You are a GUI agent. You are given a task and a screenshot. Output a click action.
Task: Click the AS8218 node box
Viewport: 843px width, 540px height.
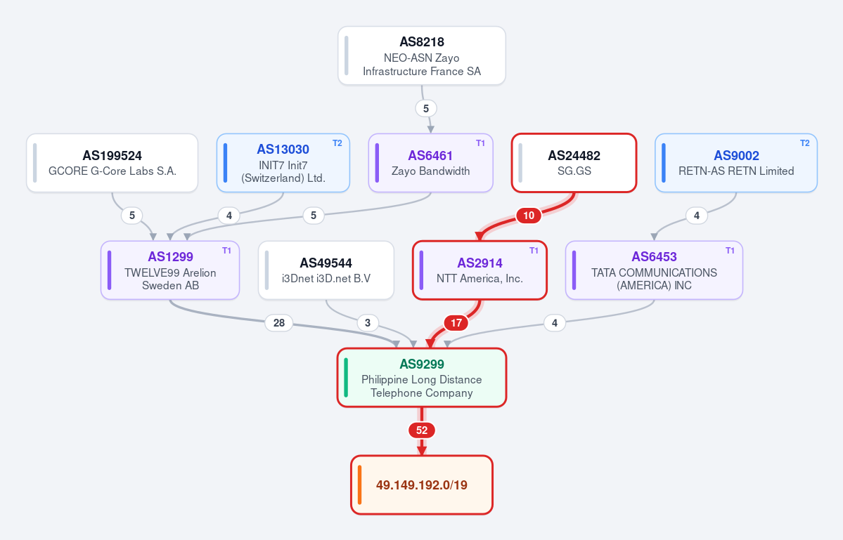click(x=422, y=55)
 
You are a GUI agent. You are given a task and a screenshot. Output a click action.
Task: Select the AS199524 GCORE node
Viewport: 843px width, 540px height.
click(x=112, y=163)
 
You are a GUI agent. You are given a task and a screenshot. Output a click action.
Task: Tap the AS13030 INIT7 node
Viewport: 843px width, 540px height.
click(x=283, y=163)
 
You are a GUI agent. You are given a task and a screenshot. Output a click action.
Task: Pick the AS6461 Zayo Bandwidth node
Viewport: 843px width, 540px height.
click(x=430, y=163)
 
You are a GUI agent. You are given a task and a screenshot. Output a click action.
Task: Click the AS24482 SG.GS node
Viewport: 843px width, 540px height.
click(x=574, y=163)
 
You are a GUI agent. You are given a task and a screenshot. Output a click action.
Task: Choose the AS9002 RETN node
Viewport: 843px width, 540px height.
click(x=736, y=163)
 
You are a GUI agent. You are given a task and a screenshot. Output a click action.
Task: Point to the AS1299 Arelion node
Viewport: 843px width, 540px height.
click(x=170, y=270)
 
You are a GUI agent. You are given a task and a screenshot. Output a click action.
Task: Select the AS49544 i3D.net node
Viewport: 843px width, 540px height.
click(x=326, y=270)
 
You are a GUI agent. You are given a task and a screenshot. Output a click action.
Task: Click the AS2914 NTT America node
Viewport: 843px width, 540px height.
click(x=480, y=270)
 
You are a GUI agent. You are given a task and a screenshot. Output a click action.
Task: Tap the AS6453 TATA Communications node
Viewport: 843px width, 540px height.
click(x=655, y=270)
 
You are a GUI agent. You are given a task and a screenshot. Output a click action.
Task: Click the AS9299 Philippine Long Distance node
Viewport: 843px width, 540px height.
click(x=422, y=377)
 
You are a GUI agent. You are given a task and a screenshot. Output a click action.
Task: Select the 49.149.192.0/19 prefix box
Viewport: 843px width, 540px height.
click(x=422, y=485)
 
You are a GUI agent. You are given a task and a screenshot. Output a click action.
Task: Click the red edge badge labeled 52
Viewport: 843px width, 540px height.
click(x=422, y=430)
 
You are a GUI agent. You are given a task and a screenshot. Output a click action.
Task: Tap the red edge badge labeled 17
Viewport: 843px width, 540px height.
click(x=456, y=322)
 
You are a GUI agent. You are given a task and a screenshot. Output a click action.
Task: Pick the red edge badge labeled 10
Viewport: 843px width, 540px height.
click(x=529, y=216)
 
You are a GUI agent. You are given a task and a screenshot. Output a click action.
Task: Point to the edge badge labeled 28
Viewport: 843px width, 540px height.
click(x=279, y=322)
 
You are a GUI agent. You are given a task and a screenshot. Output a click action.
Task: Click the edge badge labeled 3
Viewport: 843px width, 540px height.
click(x=368, y=322)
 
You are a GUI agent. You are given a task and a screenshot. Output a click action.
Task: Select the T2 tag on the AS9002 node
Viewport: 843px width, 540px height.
click(x=805, y=143)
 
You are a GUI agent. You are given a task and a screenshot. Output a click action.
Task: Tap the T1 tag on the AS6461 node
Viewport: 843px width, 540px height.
click(x=481, y=143)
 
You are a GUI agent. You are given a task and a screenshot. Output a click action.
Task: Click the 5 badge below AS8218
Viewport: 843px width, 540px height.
click(x=426, y=108)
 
